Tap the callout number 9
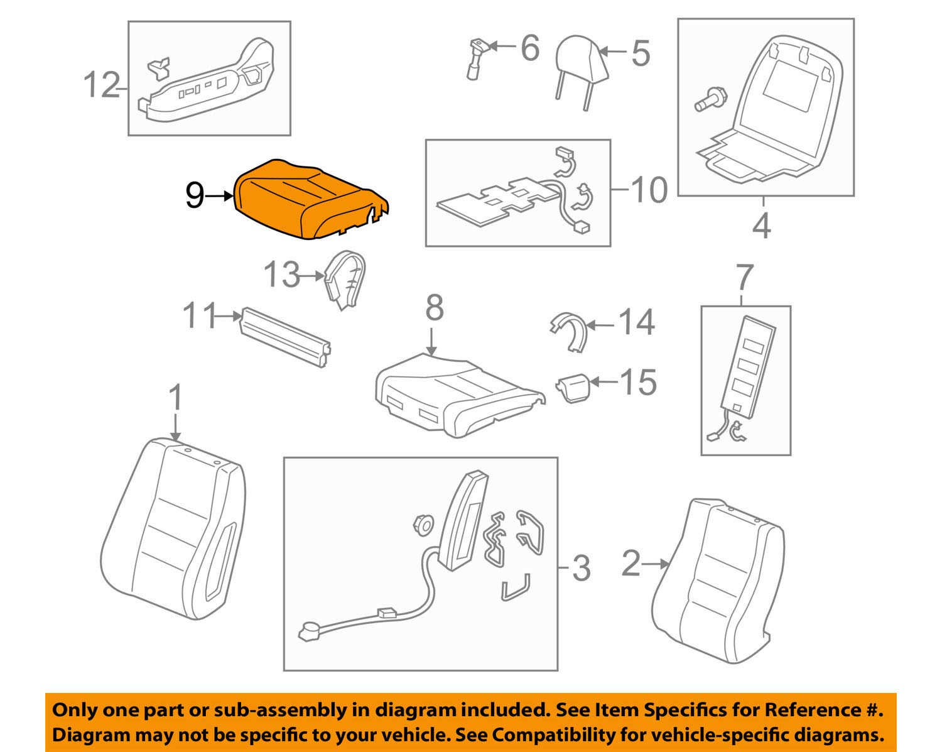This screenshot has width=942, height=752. point(194,196)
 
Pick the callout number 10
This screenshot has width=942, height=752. point(649,189)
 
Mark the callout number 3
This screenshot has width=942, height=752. point(581,568)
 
